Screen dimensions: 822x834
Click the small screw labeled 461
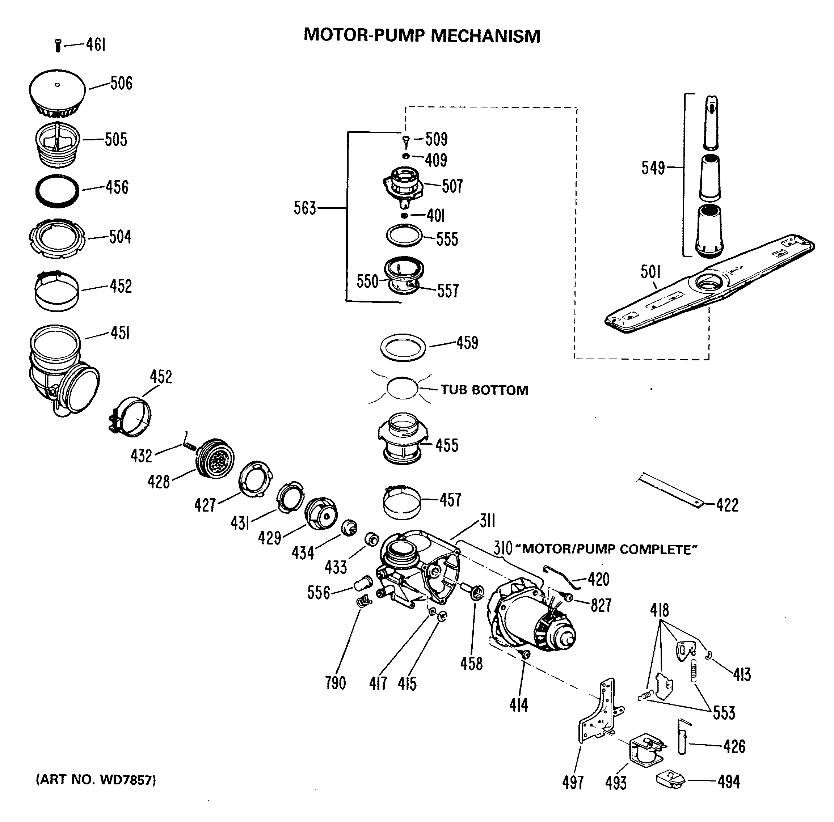tap(58, 45)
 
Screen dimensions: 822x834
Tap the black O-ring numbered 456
tap(57, 191)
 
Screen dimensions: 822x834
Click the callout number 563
tap(305, 208)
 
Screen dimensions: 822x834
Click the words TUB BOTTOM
tap(484, 390)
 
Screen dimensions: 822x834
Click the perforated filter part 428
tap(216, 459)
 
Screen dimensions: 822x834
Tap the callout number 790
tap(336, 683)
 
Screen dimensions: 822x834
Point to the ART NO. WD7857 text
tap(96, 780)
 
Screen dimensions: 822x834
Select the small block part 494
tap(670, 780)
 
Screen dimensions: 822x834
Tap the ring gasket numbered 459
tap(403, 347)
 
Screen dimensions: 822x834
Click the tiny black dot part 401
tap(404, 215)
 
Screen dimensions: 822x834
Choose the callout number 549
tap(653, 168)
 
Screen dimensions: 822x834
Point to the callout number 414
tap(518, 706)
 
